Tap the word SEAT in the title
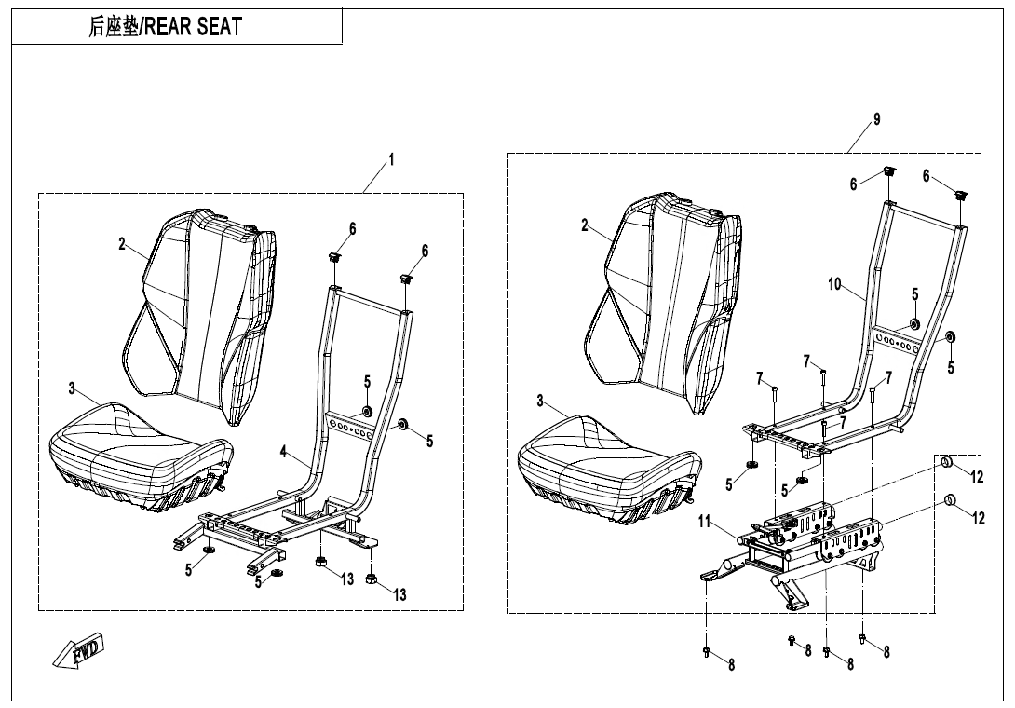pos(220,27)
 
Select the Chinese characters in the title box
pos(114,27)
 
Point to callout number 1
pos(391,159)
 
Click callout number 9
pos(877,119)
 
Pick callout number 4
pos(283,452)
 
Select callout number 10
pos(834,284)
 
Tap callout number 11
pos(704,521)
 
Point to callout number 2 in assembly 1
pos(122,244)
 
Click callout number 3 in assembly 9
pos(540,401)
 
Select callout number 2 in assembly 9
pos(585,225)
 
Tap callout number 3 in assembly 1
pos(72,388)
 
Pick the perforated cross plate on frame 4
pos(350,426)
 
